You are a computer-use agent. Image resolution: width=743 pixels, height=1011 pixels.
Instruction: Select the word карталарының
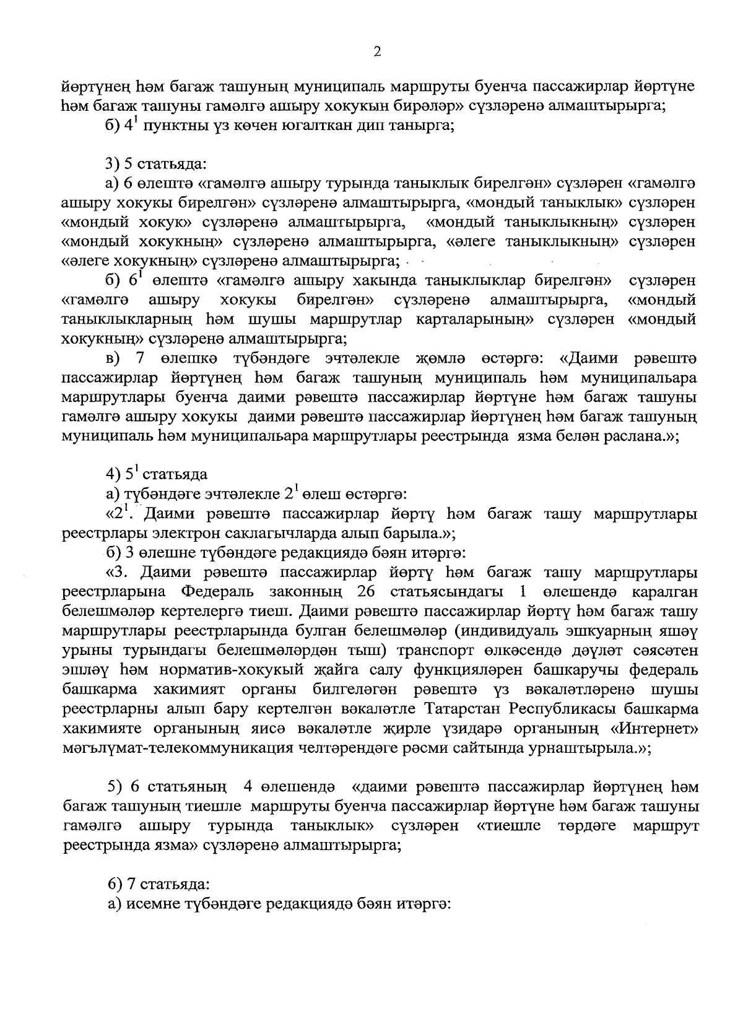pos(474,319)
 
